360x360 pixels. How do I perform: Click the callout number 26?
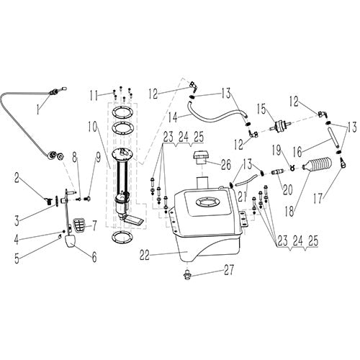click(x=226, y=163)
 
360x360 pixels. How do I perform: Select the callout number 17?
click(x=318, y=195)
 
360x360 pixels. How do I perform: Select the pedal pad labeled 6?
click(x=75, y=241)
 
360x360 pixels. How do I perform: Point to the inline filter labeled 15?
click(x=277, y=127)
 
